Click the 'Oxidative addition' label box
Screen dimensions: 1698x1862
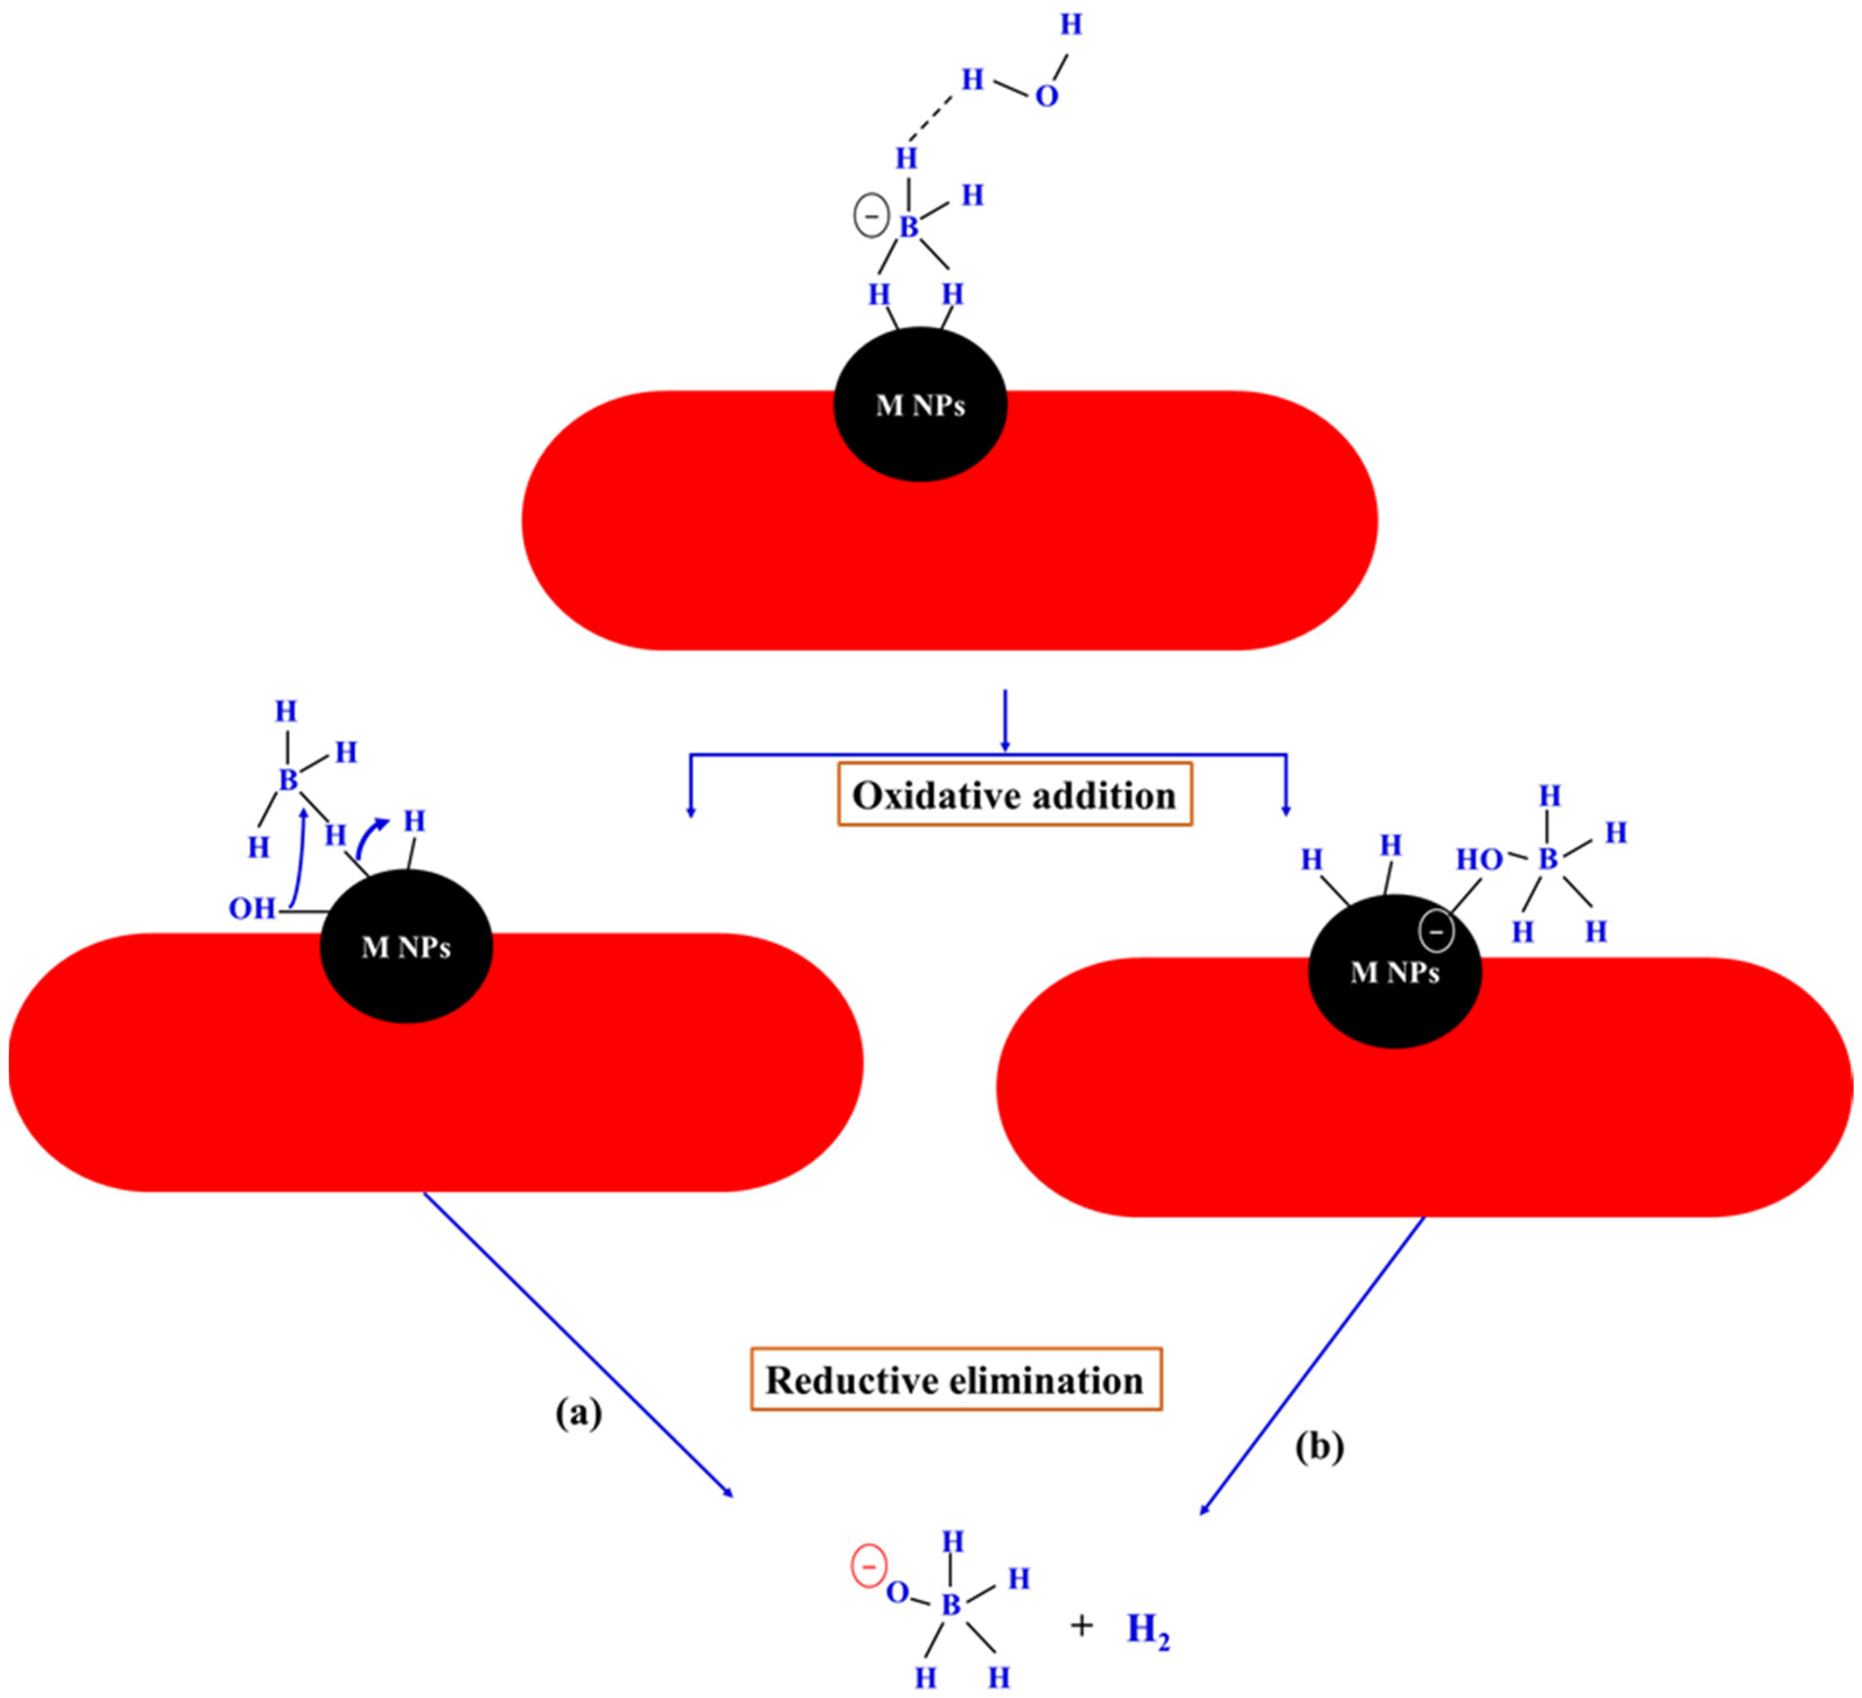click(1014, 795)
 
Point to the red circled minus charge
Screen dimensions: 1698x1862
click(868, 1567)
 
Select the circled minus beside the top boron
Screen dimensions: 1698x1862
click(871, 218)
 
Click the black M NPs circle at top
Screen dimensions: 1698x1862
click(920, 405)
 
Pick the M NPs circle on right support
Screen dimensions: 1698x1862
click(1395, 972)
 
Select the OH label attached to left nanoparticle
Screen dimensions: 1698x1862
click(251, 910)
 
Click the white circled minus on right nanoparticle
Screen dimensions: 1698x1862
click(1436, 932)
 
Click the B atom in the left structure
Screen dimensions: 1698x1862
click(288, 780)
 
